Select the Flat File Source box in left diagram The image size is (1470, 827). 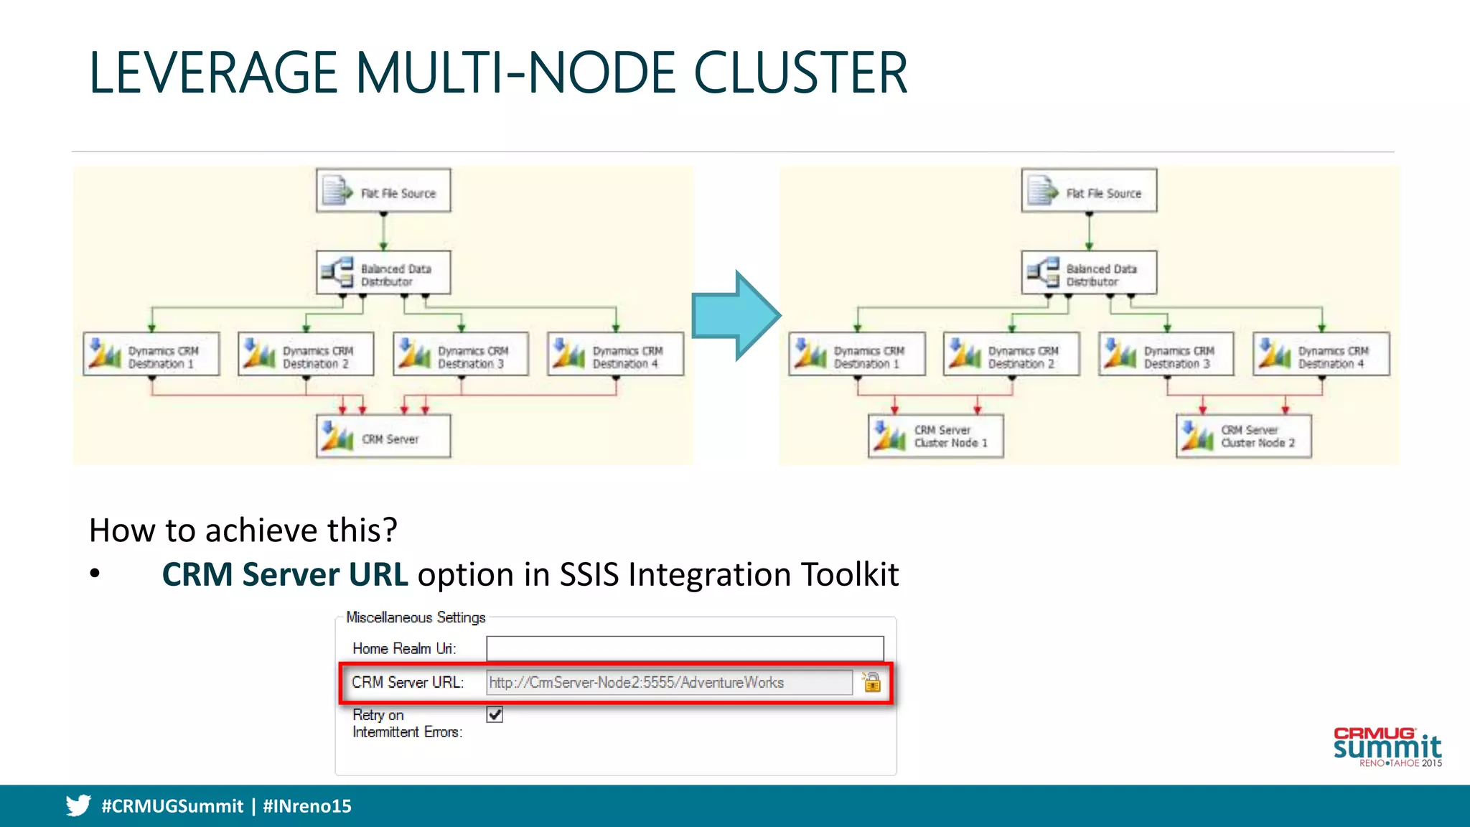coord(383,191)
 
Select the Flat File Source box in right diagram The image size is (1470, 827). coord(1089,191)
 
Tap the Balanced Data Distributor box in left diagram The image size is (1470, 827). coord(383,273)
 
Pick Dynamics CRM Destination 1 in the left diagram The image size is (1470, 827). coord(151,355)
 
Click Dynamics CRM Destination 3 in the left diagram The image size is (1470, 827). coord(461,355)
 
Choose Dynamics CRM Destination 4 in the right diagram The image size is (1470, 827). coord(1321,355)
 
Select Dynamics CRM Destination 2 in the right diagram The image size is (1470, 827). coord(1011,355)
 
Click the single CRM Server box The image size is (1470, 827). coord(383,436)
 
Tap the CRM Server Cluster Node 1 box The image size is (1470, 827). coord(935,436)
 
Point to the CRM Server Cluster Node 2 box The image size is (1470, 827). coord(1243,436)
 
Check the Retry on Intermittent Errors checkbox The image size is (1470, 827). coord(495,714)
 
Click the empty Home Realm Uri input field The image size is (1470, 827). coord(685,648)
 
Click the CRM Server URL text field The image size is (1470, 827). coord(669,683)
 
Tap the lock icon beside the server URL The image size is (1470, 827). coord(871,682)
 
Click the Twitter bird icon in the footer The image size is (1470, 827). coord(78,805)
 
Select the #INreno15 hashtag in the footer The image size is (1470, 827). coord(307,806)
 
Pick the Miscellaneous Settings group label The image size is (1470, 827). coord(416,617)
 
